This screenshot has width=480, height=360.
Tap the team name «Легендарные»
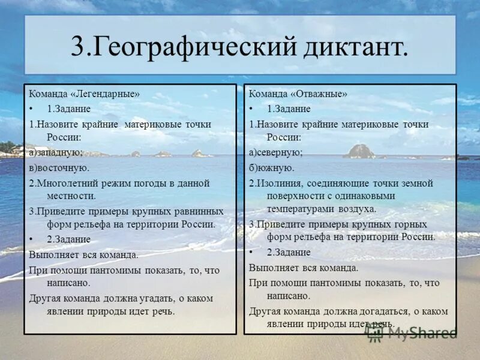click(x=106, y=94)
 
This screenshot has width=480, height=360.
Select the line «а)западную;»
click(x=56, y=153)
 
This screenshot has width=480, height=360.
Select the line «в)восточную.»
click(x=59, y=168)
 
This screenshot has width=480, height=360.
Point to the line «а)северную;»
click(x=276, y=153)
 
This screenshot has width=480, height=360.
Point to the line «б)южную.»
click(x=272, y=168)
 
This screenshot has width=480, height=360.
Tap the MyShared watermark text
click(x=420, y=333)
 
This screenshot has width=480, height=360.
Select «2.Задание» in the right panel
click(x=289, y=253)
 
